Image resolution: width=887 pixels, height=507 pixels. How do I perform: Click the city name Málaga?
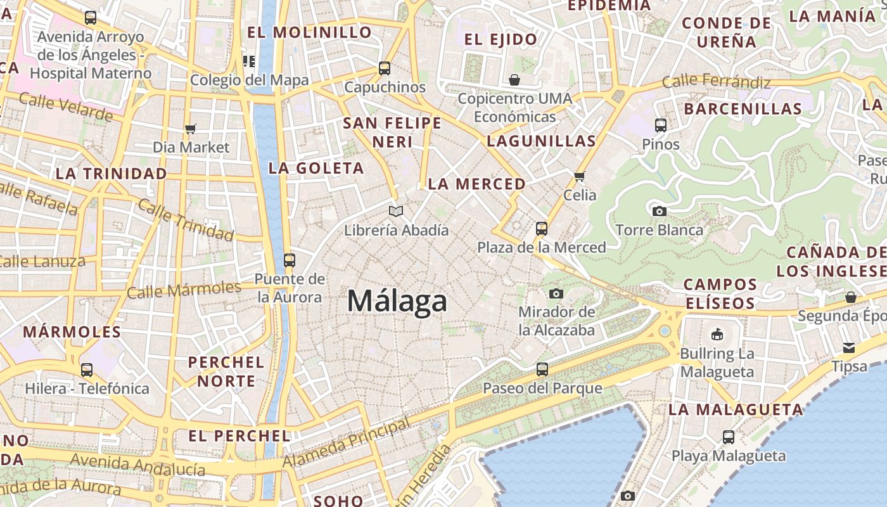point(397,301)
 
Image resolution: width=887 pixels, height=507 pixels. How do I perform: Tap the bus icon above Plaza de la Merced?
point(542,229)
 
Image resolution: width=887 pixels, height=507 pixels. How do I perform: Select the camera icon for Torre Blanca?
point(659,211)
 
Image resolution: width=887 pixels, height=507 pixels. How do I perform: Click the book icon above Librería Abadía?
point(396,211)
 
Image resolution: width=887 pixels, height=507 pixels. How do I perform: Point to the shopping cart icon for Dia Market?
point(191,129)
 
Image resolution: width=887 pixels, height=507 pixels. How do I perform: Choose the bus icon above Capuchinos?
point(385,68)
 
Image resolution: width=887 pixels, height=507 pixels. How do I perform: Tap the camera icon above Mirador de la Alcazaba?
point(556,293)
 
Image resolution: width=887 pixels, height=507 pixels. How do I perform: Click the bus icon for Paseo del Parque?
point(542,369)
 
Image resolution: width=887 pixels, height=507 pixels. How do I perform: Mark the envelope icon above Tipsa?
point(849,348)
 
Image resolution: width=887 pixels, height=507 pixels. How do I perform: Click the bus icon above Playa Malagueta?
point(729,437)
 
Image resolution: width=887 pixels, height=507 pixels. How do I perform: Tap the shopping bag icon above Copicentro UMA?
point(514,80)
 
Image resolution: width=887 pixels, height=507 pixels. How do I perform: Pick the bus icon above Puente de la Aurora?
point(290,260)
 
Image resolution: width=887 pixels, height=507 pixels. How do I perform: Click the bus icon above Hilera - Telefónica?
point(87,369)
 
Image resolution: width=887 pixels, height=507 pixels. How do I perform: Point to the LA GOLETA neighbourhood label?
point(316,168)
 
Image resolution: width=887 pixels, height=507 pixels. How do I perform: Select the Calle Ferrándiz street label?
point(716,82)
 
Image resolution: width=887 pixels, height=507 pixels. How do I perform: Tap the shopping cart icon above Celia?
point(579,176)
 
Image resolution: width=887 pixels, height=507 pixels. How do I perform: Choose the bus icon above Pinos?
point(661,125)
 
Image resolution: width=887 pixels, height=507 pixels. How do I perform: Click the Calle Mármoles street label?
point(184,290)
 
